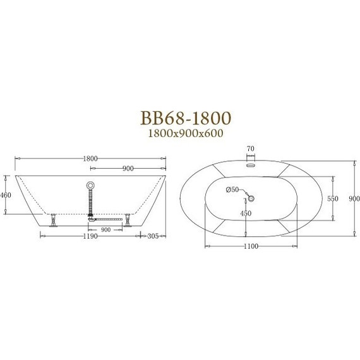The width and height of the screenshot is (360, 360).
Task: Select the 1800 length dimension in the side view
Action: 90,159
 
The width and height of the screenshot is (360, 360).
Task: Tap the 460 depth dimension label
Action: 6,195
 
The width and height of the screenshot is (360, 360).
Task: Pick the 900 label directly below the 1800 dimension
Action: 127,169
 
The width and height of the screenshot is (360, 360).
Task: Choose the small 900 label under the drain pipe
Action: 105,229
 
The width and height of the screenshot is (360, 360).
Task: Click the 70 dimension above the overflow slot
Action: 250,149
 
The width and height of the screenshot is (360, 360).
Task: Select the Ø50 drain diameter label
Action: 232,189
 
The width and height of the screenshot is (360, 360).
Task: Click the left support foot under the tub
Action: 56,221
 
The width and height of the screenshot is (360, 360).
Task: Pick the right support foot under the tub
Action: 128,221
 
